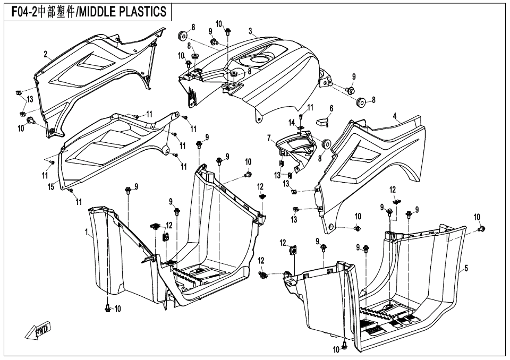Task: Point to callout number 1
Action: point(87,232)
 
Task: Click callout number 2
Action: point(46,54)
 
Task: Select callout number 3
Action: point(250,31)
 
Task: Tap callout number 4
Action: point(395,116)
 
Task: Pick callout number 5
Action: point(466,269)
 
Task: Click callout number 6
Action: point(331,108)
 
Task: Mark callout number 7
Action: point(269,139)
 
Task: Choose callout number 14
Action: point(292,123)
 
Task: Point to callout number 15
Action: point(51,187)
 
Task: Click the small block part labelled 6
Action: point(321,122)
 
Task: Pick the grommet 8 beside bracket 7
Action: point(326,145)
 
